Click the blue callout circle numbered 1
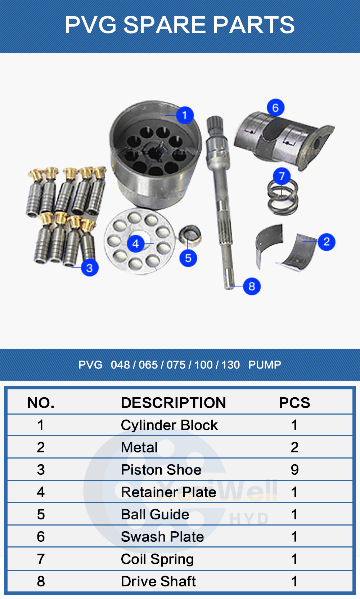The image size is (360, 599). point(185,115)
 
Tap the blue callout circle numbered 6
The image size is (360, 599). point(275,107)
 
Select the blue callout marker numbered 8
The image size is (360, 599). point(252,286)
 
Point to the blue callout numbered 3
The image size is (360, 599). point(90,268)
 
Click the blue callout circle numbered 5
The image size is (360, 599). point(188,258)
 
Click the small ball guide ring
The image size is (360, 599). point(190,235)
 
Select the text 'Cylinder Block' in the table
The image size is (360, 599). point(169,425)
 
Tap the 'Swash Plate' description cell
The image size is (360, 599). point(162,537)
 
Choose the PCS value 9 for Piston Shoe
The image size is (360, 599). point(294,470)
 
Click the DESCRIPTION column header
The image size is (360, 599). point(173,403)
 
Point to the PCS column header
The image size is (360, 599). point(294,403)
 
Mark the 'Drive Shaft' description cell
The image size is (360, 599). point(158,581)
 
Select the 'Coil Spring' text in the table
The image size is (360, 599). point(157,559)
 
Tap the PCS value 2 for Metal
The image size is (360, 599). point(294,447)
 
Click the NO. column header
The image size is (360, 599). point(41,403)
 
